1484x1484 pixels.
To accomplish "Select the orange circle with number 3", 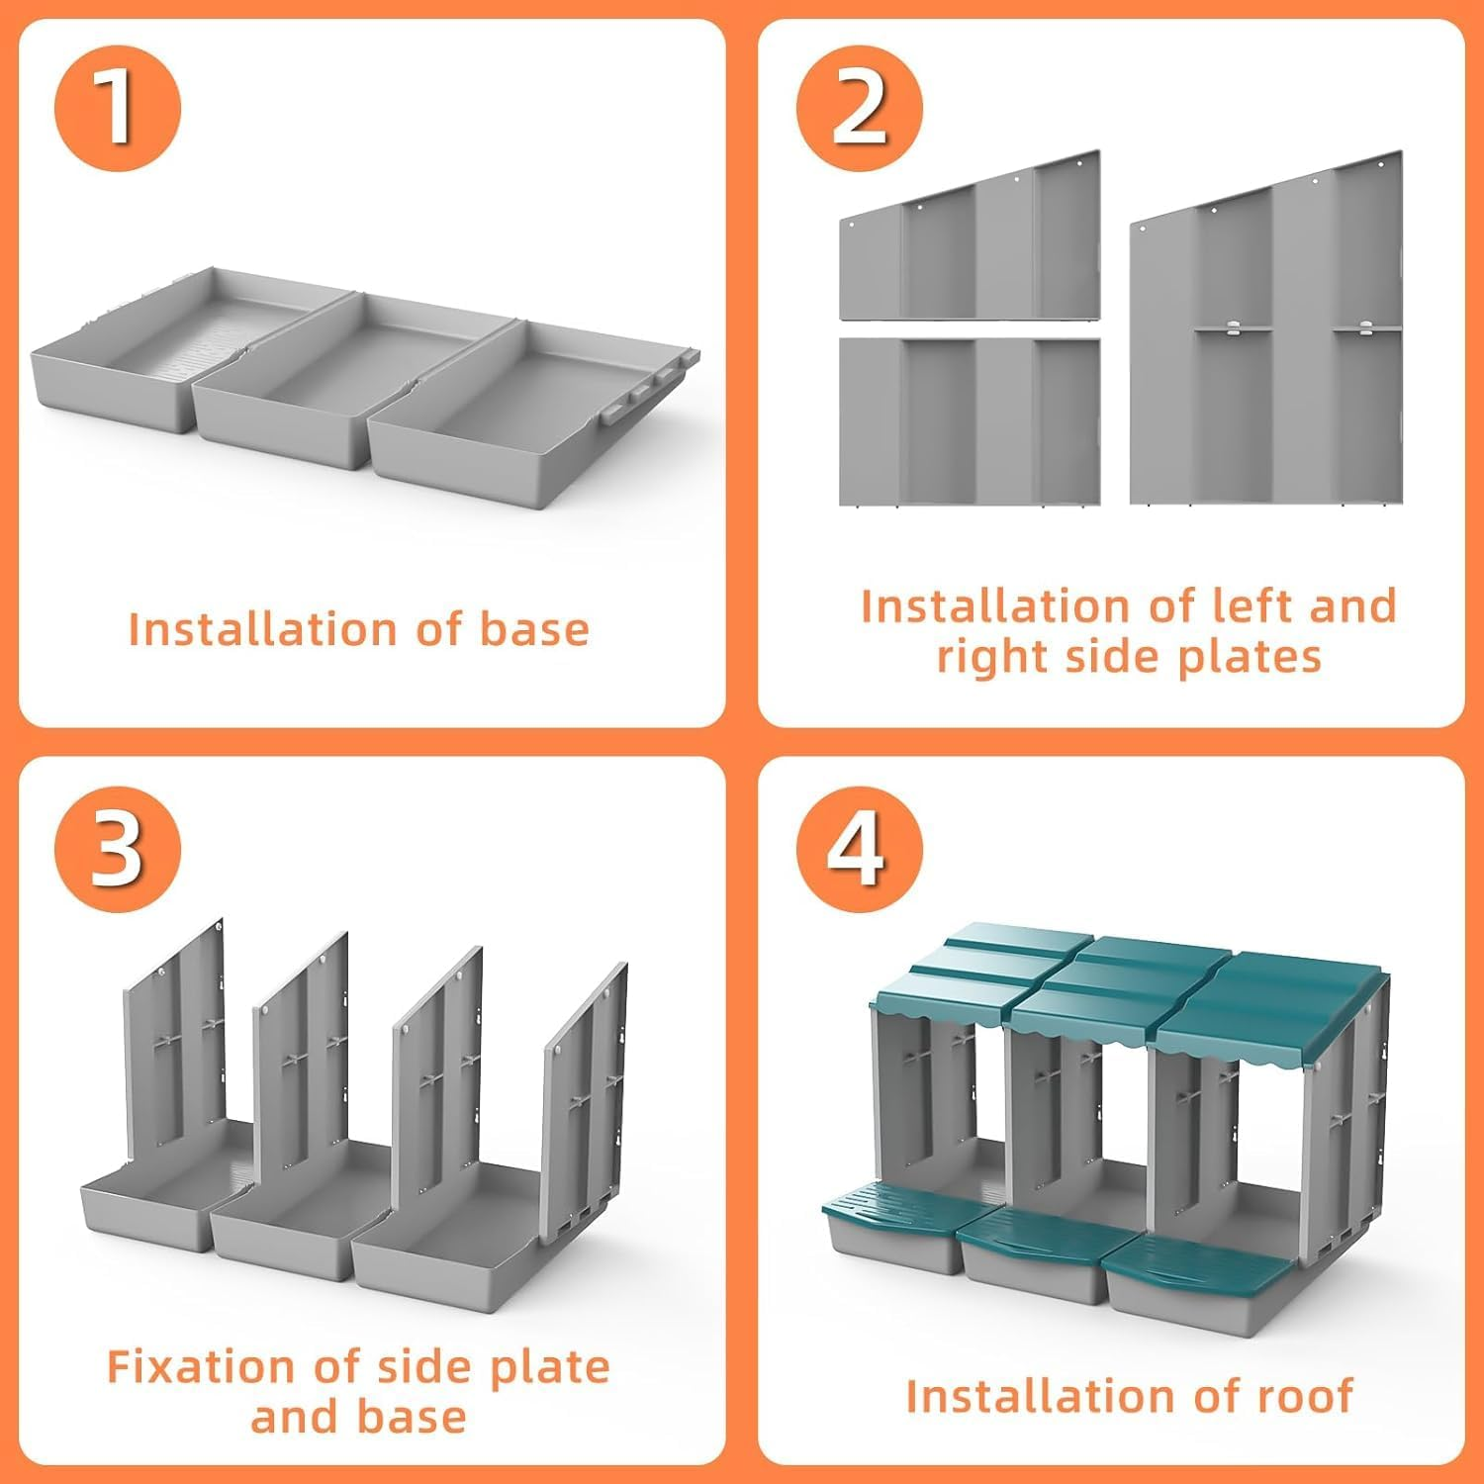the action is coord(118,848).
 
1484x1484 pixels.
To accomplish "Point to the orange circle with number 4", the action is coord(859,848).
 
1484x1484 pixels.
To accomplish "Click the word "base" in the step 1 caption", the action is coord(534,629).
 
